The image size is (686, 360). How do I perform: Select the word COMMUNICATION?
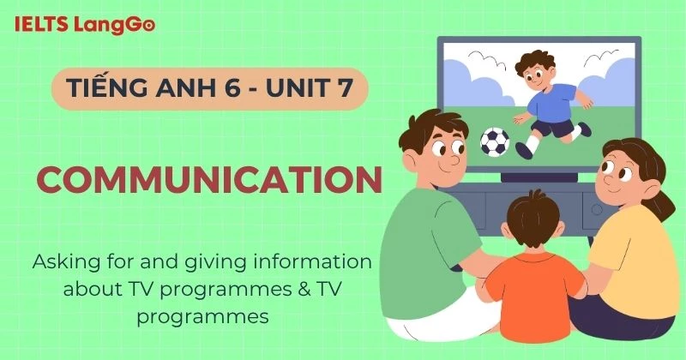click(209, 180)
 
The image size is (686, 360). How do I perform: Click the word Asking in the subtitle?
click(67, 261)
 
